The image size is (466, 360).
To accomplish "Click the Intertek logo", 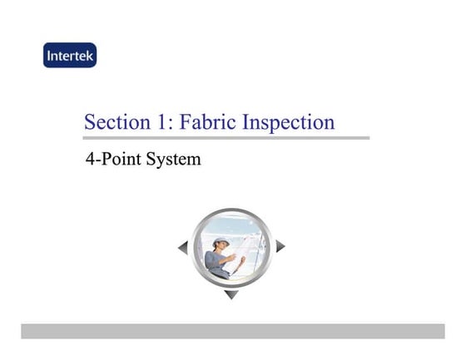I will coord(70,56).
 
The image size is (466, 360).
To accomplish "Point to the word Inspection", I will coord(288,123).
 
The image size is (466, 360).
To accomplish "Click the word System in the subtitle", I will coord(174,158).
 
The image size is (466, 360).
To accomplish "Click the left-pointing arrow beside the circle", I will coord(182,247).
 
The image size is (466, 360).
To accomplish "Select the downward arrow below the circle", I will coord(231,294).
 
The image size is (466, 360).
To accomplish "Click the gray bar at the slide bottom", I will coord(233,331).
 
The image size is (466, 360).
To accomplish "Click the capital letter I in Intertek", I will coord(49,56).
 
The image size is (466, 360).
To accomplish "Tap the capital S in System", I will coord(152,158).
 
